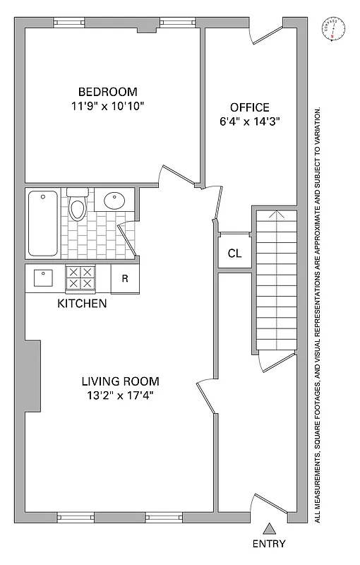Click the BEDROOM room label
point(107,92)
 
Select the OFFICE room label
point(249,107)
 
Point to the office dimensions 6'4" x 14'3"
point(249,121)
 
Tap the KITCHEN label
point(82,304)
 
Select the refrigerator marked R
point(125,278)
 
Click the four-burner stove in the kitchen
point(80,278)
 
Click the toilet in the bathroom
point(78,205)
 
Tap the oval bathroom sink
point(114,201)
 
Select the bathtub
point(44,224)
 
